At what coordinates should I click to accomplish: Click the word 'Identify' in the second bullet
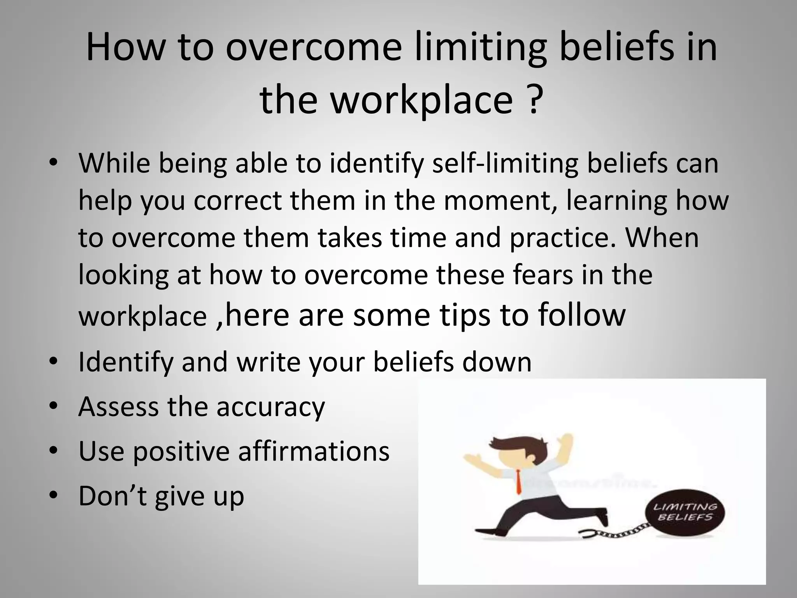tap(126, 362)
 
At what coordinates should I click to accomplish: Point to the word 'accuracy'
tap(270, 406)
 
